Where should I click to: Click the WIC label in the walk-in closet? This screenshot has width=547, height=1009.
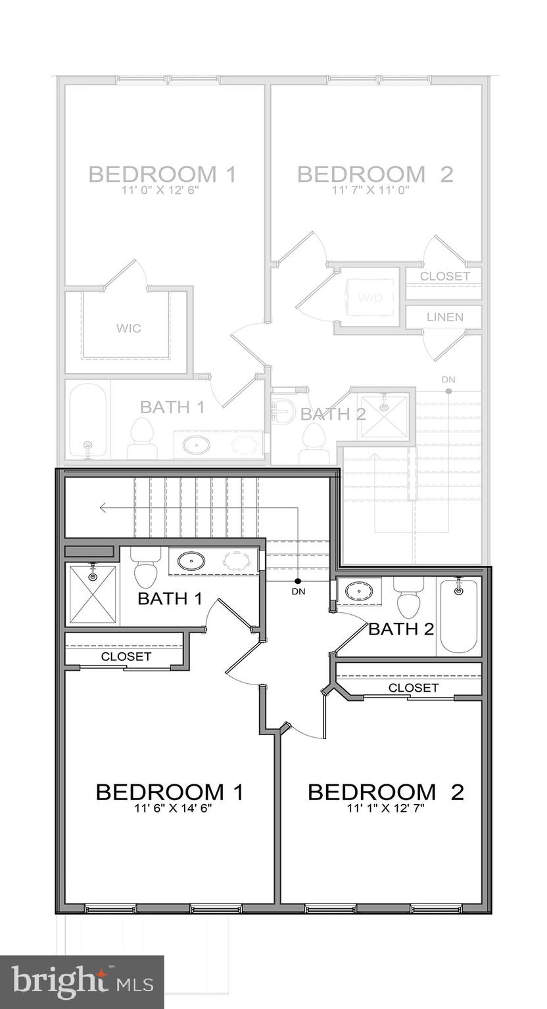tap(129, 328)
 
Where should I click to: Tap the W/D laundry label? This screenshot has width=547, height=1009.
tap(369, 298)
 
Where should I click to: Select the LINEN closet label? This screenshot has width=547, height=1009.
tap(444, 317)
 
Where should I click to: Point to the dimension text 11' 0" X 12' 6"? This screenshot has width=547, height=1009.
tap(161, 190)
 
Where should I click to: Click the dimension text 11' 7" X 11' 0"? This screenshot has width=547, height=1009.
tap(375, 190)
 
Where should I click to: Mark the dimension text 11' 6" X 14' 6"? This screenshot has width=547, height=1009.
tap(170, 808)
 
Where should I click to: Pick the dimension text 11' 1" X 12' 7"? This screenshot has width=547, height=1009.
tap(386, 808)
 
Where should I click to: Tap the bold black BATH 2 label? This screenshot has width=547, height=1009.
tap(401, 629)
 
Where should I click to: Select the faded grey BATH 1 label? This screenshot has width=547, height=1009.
tap(172, 407)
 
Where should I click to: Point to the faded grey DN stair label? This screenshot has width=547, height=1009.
tap(448, 380)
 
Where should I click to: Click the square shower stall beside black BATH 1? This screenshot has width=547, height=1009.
tap(92, 593)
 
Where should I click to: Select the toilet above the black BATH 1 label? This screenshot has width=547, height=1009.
tap(146, 570)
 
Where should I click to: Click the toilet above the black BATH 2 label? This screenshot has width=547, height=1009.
tap(410, 598)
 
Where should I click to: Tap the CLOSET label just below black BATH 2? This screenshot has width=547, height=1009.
tap(413, 688)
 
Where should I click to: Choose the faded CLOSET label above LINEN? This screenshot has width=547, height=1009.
tap(444, 277)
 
